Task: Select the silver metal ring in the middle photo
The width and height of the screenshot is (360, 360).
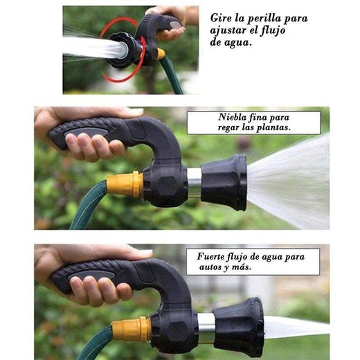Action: (195, 182)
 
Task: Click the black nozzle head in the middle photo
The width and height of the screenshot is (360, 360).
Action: (224, 181)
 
